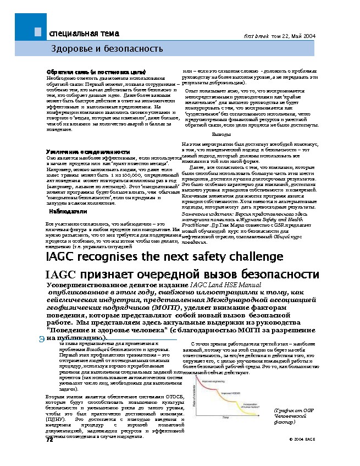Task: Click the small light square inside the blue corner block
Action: coord(37,32)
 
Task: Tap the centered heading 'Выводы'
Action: coord(221,134)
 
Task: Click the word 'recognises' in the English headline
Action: coord(113,256)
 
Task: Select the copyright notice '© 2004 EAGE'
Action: coord(302,440)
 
